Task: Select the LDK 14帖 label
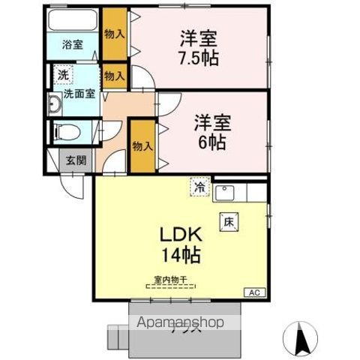point(179,244)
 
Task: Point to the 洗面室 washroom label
point(78,94)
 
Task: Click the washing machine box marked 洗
point(64,75)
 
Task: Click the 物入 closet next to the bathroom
point(115,34)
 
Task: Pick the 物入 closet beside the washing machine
point(114,76)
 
